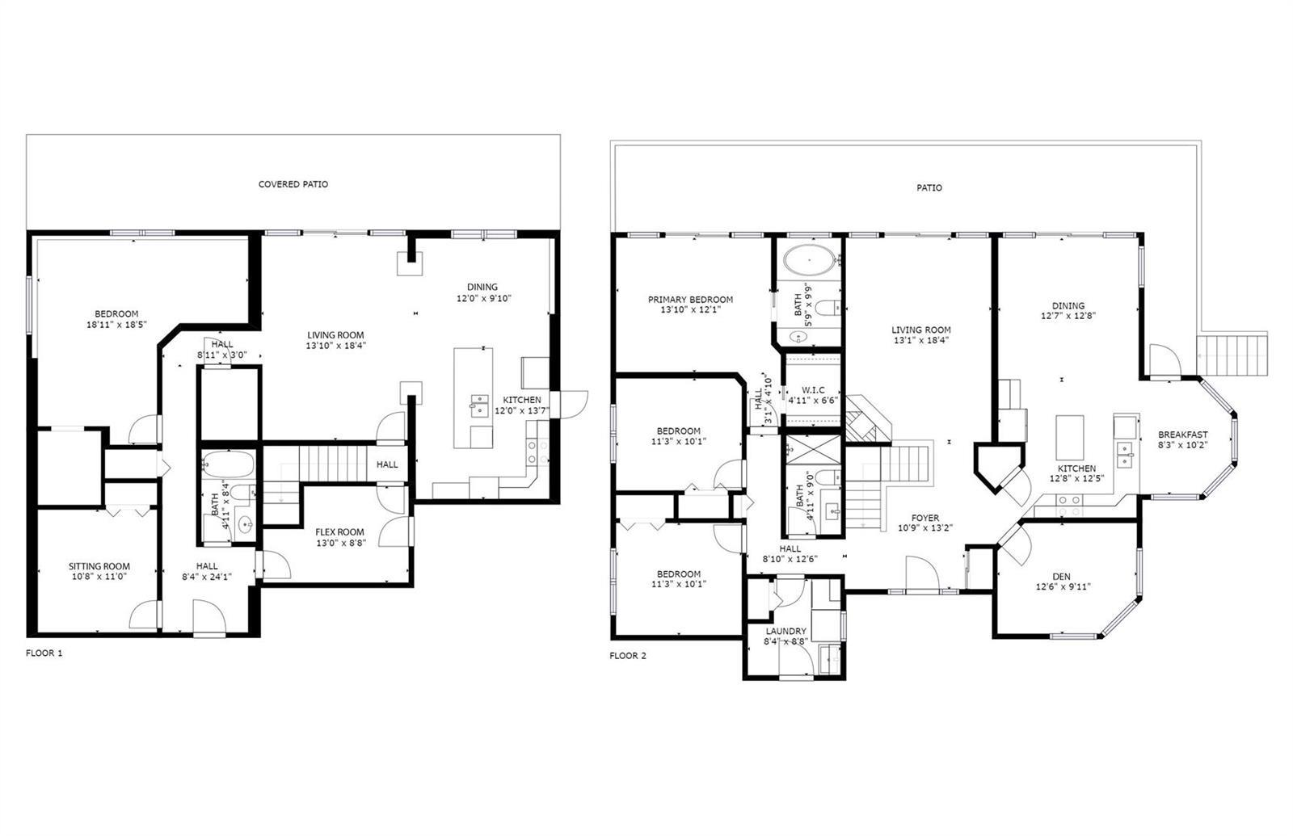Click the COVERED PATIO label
[293, 184]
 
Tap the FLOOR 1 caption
[44, 653]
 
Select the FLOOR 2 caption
[628, 655]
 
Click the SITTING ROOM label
[99, 566]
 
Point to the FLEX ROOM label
[339, 532]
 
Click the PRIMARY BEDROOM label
[690, 300]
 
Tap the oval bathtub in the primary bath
[809, 261]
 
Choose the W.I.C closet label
[813, 390]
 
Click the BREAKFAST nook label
[1183, 435]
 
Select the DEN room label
[1061, 577]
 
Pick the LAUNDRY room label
[785, 631]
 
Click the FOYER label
[924, 518]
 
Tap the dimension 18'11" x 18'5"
[116, 324]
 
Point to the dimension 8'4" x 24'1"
[206, 576]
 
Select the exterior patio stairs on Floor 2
[1232, 354]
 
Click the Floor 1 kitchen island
[474, 397]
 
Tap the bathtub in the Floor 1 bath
[228, 464]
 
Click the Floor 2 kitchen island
[1070, 437]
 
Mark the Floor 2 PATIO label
[929, 187]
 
